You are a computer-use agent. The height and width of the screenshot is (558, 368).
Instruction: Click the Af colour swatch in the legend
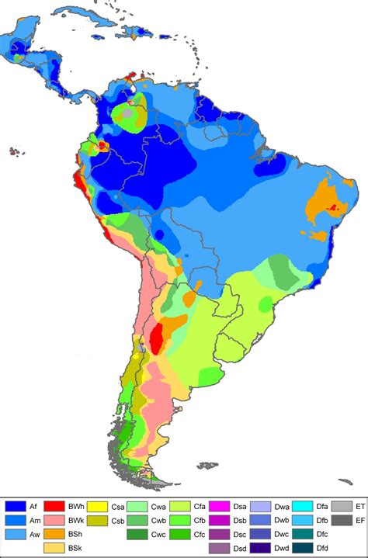14,505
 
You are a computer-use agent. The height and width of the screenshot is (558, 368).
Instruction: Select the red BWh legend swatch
54,505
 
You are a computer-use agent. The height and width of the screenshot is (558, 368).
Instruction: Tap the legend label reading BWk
76,520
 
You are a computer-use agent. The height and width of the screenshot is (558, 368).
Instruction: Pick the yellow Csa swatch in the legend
96,505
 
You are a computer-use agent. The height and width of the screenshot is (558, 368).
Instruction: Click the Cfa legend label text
201,505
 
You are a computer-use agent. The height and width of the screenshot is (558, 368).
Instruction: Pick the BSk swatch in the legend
54,548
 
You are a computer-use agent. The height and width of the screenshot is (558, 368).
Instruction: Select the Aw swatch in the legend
14,534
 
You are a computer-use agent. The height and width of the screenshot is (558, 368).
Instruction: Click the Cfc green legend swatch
180,534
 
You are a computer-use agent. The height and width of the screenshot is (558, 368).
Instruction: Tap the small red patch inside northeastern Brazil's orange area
335,207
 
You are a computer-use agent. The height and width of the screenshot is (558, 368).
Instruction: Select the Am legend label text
34,520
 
